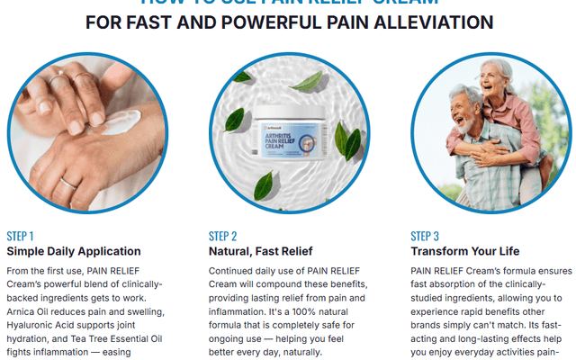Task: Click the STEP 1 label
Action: click(20, 237)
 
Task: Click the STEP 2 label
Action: click(222, 237)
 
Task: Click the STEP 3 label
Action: click(425, 237)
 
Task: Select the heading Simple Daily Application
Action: click(74, 251)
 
